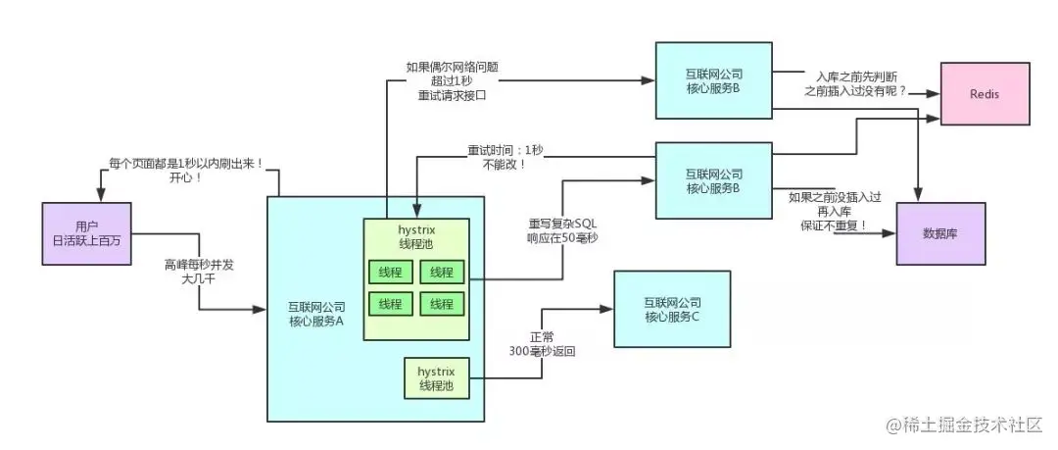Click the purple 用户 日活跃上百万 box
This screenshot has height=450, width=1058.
[x=86, y=232]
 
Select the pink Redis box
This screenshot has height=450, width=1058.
[x=984, y=93]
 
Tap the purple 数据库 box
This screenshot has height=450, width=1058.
[x=939, y=232]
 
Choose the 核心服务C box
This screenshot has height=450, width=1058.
[x=672, y=310]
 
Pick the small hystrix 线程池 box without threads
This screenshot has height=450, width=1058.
[x=436, y=377]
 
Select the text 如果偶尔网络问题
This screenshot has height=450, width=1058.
[x=446, y=68]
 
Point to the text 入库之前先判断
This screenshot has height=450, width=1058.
[x=853, y=75]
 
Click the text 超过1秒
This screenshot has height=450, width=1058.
[x=446, y=81]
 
